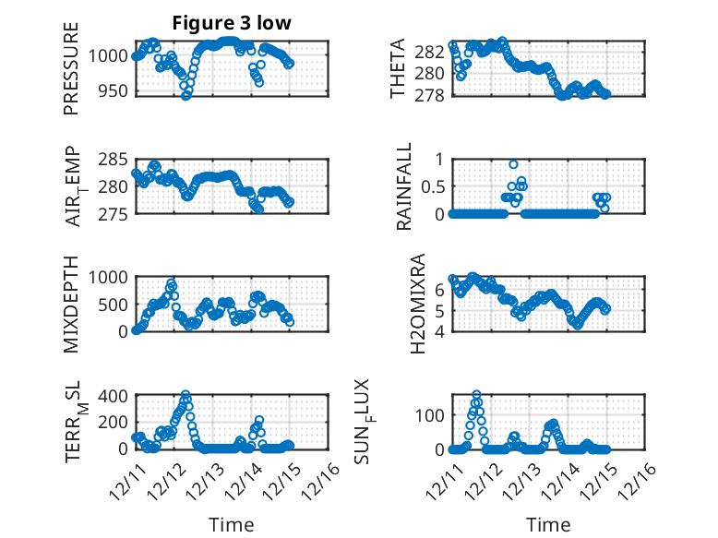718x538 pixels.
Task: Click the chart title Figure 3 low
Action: click(x=232, y=24)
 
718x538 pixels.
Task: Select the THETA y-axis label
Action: click(x=399, y=69)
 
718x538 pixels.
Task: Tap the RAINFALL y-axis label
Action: click(x=403, y=187)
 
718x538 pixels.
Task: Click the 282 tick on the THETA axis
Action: click(x=431, y=51)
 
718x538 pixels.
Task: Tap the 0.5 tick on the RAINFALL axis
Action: click(x=433, y=186)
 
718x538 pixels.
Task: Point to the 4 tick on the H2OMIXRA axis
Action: click(x=440, y=331)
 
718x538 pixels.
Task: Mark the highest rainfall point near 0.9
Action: click(x=513, y=164)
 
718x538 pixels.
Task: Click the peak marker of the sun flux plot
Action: click(x=476, y=395)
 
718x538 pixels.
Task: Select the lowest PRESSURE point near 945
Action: click(x=186, y=95)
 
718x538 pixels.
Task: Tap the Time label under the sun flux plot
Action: click(x=548, y=524)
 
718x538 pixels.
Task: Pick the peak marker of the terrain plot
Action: click(x=185, y=396)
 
